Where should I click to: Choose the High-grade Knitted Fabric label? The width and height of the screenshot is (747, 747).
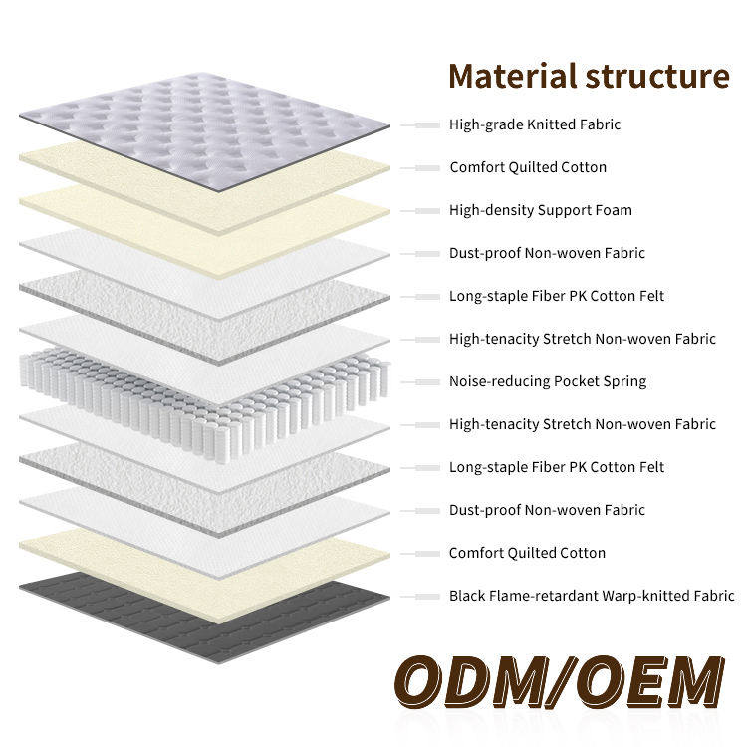pos(535,125)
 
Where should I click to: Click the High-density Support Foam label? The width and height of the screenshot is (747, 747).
pos(540,211)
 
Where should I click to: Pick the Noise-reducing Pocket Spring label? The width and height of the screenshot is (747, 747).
pos(547,382)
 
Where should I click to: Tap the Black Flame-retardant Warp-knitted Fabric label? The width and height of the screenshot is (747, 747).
pos(592,597)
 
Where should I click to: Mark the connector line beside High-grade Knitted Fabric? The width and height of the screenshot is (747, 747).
pos(421,125)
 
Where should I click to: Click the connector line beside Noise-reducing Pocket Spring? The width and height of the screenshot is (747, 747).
pos(421,382)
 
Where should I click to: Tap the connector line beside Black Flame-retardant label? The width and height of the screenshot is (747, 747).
pos(421,597)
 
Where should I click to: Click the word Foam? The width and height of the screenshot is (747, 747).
pos(615,211)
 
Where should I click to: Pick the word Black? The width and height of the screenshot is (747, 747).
pos(467,597)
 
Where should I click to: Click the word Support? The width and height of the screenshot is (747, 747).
pos(565,211)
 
